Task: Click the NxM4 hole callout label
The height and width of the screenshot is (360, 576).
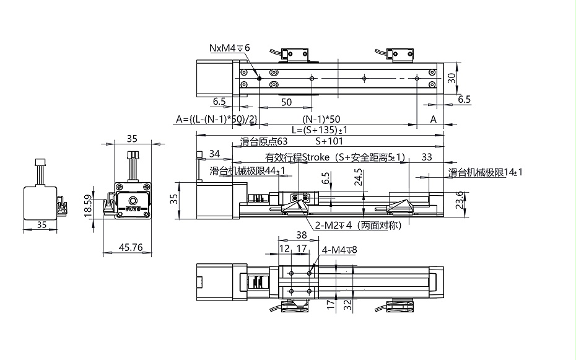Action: coord(230,48)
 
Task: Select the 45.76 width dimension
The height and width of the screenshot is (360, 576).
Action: coord(131,248)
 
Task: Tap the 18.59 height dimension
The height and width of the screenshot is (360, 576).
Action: coord(88,206)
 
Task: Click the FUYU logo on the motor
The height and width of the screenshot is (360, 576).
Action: coord(132,209)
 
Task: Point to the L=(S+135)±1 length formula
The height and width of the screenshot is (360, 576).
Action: coord(320,130)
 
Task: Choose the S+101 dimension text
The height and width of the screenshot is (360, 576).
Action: coord(329,141)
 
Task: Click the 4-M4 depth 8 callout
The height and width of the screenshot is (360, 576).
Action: coord(339,250)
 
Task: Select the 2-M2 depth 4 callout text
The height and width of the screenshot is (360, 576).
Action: coord(358,225)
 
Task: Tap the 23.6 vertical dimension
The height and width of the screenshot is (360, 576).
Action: coord(460,200)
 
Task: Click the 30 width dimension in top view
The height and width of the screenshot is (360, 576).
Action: coord(452,78)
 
